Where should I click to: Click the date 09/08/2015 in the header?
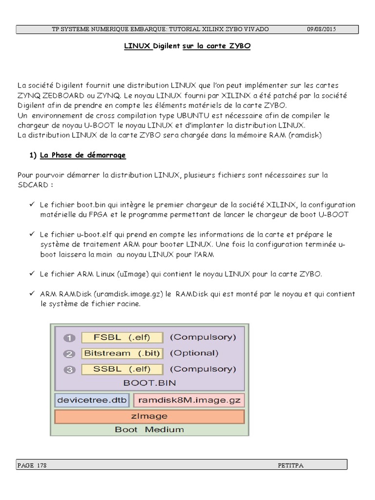pyautogui.click(x=321, y=29)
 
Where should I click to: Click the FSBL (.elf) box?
pyautogui.click(x=122, y=337)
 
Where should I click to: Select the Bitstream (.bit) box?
pyautogui.click(x=122, y=353)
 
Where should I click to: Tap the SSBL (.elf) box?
pyautogui.click(x=122, y=369)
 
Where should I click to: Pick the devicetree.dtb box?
pyautogui.click(x=92, y=400)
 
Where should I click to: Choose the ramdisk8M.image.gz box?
pyautogui.click(x=188, y=400)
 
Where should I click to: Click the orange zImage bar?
pyautogui.click(x=149, y=417)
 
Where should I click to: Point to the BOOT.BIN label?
pyautogui.click(x=149, y=383)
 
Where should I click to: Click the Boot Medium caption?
pyautogui.click(x=149, y=430)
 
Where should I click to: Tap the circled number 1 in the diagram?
pyautogui.click(x=69, y=337)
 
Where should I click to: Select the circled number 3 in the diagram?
pyautogui.click(x=69, y=370)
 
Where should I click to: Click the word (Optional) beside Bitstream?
pyautogui.click(x=193, y=353)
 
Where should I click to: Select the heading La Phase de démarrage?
pyautogui.click(x=83, y=155)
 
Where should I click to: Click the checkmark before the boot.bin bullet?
pyautogui.click(x=32, y=205)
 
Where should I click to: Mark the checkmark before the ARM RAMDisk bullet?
pyautogui.click(x=32, y=294)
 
